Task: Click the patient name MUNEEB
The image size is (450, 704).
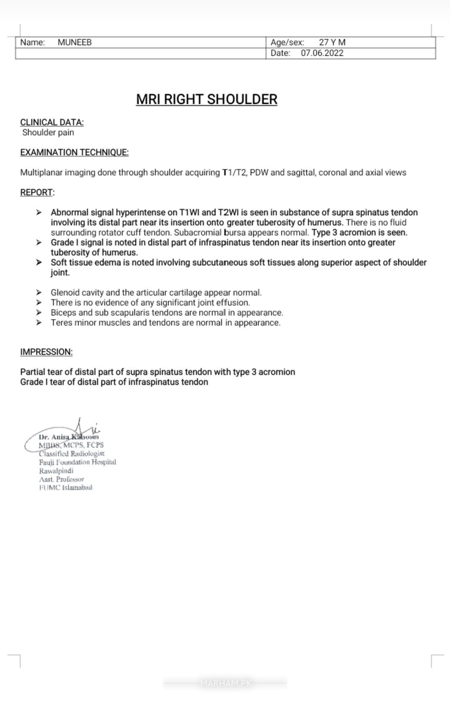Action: (75, 43)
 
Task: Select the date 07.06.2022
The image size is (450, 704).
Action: (322, 53)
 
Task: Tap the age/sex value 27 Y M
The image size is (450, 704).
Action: (332, 43)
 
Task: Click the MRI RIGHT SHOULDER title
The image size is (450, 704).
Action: (207, 99)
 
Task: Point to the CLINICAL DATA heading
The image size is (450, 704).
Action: (52, 123)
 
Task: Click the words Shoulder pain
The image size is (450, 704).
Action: (48, 133)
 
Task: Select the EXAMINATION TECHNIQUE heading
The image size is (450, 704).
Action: (74, 153)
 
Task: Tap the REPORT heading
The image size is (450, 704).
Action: (37, 193)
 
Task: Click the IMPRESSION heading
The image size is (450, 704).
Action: (46, 352)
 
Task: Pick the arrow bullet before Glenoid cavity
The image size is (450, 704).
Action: (39, 293)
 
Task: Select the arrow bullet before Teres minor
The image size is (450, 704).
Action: (39, 323)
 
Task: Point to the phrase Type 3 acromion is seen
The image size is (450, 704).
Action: (359, 233)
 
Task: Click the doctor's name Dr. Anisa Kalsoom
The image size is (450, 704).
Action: (69, 437)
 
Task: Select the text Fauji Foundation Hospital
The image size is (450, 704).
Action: (77, 462)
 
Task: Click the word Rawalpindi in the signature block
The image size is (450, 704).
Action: (56, 471)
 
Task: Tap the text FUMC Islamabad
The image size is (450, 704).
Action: (66, 488)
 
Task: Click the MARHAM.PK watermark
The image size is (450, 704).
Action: (225, 683)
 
